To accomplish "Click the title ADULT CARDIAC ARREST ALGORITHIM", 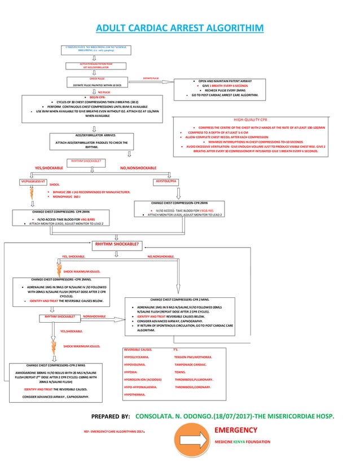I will (x=179, y=28).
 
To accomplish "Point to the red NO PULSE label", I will (x=103, y=91).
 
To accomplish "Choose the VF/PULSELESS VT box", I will (x=32, y=181).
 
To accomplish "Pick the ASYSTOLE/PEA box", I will (x=166, y=181).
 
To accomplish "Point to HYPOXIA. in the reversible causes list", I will (x=131, y=372).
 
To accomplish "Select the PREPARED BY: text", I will (x=110, y=416).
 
